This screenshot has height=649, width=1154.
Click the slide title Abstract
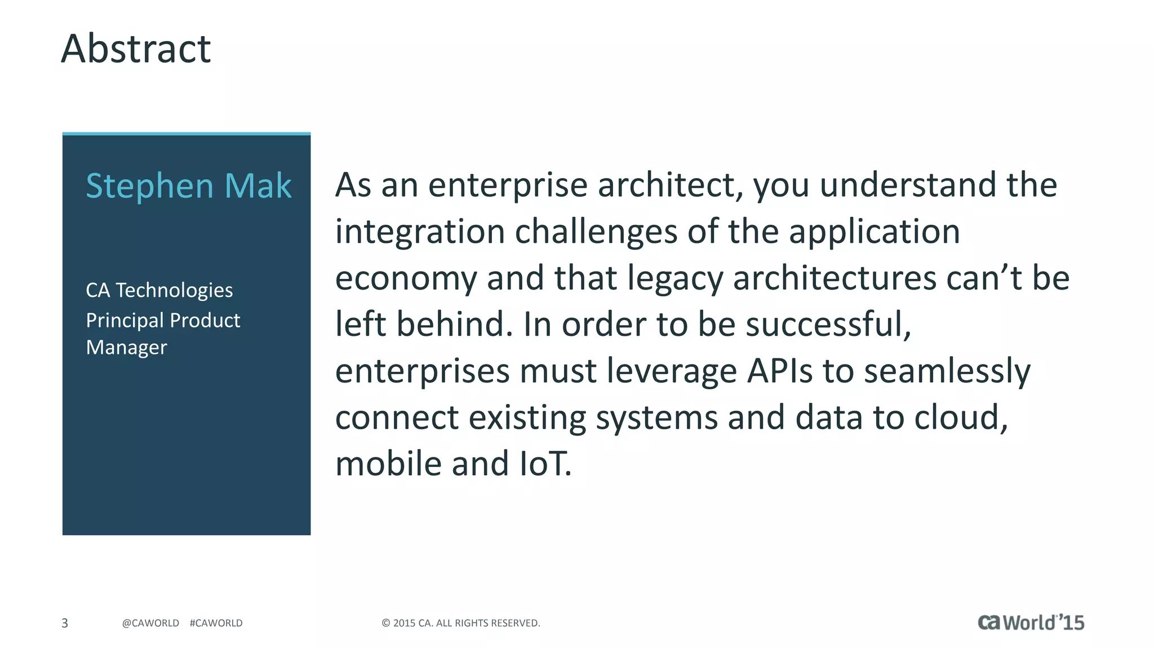136,49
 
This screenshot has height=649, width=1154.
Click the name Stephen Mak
188,186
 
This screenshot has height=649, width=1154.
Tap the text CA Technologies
159,290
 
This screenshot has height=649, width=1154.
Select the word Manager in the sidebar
126,348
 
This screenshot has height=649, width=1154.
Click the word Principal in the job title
125,321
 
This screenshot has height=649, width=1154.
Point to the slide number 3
65,623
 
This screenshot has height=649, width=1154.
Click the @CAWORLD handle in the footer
150,623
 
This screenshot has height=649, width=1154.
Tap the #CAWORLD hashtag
216,623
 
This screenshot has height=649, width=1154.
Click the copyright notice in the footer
460,623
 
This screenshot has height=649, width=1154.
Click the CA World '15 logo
1031,623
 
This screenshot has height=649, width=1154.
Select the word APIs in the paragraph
780,371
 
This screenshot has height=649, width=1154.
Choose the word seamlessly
947,371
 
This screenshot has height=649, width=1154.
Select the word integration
420,232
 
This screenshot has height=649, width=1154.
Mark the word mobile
388,464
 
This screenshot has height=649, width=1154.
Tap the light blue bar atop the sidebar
187,134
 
